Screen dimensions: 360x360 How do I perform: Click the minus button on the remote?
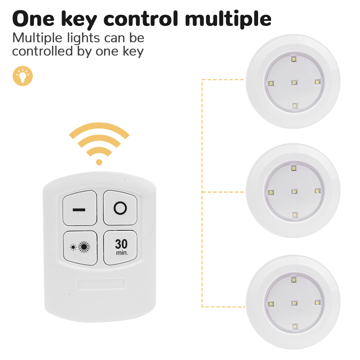coord(80,208)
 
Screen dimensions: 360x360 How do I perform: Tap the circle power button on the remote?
coord(120,208)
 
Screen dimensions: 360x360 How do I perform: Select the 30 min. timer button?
coord(120,247)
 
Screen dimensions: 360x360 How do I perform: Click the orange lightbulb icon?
coord(23,76)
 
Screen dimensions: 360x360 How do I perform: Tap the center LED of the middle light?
coord(294,192)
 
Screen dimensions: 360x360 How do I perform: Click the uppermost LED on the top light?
coord(294,59)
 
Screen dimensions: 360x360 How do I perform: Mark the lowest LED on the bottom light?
coord(295,327)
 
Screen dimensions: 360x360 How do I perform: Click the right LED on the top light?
coord(317,82)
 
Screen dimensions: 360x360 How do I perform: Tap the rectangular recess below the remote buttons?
coord(101,284)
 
